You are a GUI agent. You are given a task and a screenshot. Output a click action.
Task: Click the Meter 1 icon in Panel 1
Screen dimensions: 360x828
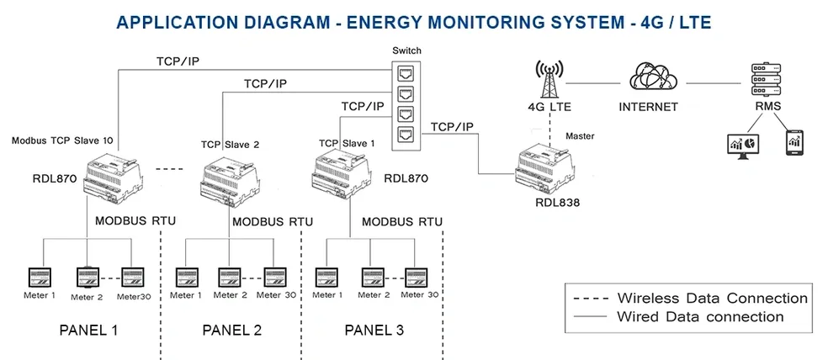40,276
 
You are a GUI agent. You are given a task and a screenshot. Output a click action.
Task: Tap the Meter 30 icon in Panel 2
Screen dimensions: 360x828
275,277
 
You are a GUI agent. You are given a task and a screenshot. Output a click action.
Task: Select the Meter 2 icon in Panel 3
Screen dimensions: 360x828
373,277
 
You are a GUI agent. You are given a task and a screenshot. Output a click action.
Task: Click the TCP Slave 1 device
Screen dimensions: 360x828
343,177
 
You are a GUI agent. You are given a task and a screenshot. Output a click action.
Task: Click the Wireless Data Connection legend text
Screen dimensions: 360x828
712,299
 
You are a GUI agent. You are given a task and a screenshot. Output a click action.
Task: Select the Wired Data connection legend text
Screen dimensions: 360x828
700,317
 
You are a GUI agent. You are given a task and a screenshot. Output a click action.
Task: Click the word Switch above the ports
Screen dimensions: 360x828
406,50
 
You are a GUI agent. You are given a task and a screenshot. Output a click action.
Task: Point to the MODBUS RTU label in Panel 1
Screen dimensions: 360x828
134,221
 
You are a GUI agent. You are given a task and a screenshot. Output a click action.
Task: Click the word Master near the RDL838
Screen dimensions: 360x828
580,135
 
